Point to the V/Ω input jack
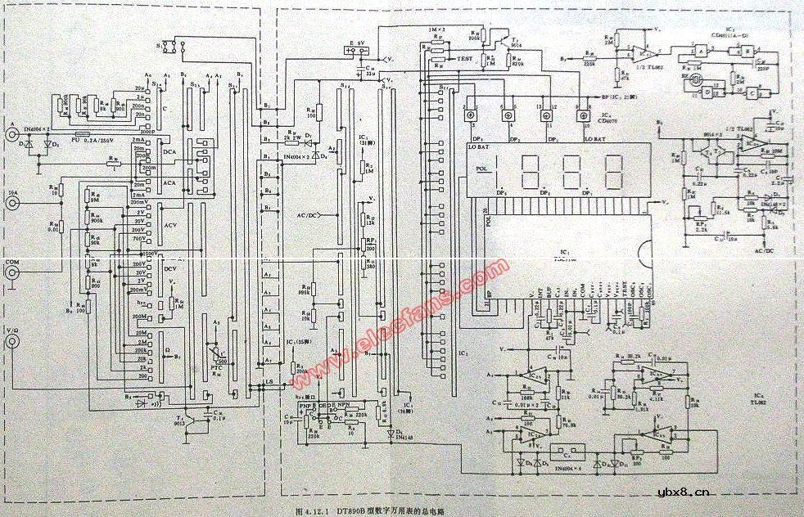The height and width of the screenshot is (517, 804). point(13,343)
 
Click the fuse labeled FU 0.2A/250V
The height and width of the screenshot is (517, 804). point(83,135)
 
